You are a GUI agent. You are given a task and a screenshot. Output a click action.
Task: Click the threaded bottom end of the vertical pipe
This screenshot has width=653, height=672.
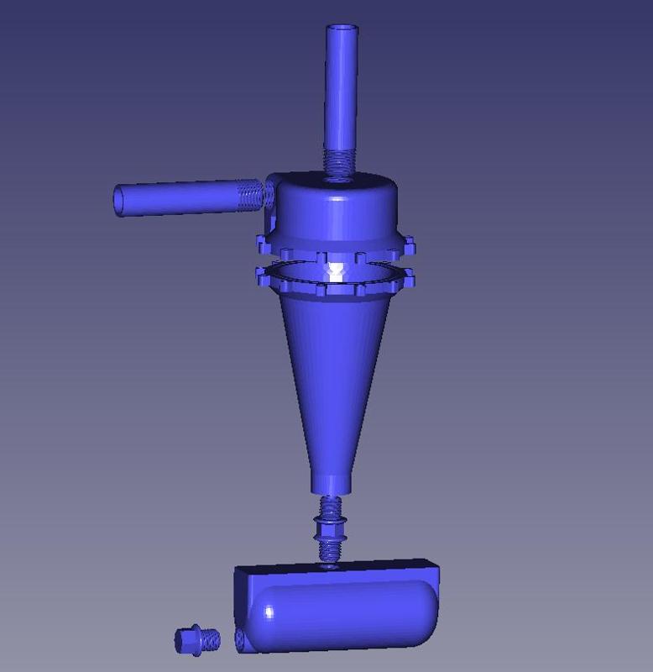tap(341, 160)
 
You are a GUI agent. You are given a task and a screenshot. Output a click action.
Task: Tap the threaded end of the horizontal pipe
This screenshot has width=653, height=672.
tap(251, 196)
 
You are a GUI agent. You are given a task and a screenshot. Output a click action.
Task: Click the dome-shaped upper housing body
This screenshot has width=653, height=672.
tap(336, 214)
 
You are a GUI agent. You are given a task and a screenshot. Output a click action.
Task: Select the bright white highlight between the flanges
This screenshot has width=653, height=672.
tap(337, 271)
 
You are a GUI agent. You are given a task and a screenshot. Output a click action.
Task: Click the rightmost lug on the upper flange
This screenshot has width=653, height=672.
tap(409, 246)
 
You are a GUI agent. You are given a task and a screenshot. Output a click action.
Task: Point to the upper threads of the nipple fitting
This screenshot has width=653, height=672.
tap(330, 508)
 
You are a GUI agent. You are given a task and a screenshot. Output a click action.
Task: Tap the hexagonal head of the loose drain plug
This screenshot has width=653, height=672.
tap(186, 639)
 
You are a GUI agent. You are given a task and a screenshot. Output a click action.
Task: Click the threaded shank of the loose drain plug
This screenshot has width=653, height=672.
tap(210, 640)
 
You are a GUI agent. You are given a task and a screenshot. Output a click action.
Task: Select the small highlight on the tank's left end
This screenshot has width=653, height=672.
tap(269, 612)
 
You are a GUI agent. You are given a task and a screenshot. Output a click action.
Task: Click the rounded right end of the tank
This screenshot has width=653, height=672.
tap(426, 613)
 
